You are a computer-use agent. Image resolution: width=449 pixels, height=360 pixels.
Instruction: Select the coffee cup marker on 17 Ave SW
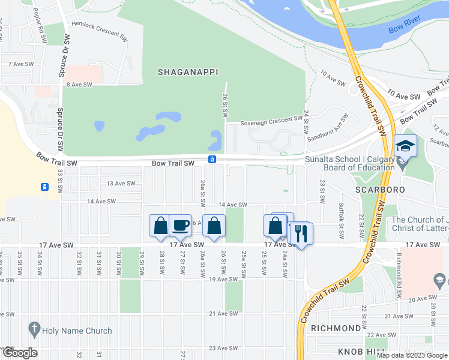pyautogui.click(x=180, y=226)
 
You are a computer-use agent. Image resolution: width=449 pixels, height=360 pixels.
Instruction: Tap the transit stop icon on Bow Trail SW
pyautogui.click(x=212, y=159)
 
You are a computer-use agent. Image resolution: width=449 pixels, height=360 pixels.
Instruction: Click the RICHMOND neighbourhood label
pyautogui.click(x=336, y=328)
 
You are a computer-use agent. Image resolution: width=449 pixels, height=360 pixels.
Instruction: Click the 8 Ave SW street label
pyautogui.click(x=79, y=85)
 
